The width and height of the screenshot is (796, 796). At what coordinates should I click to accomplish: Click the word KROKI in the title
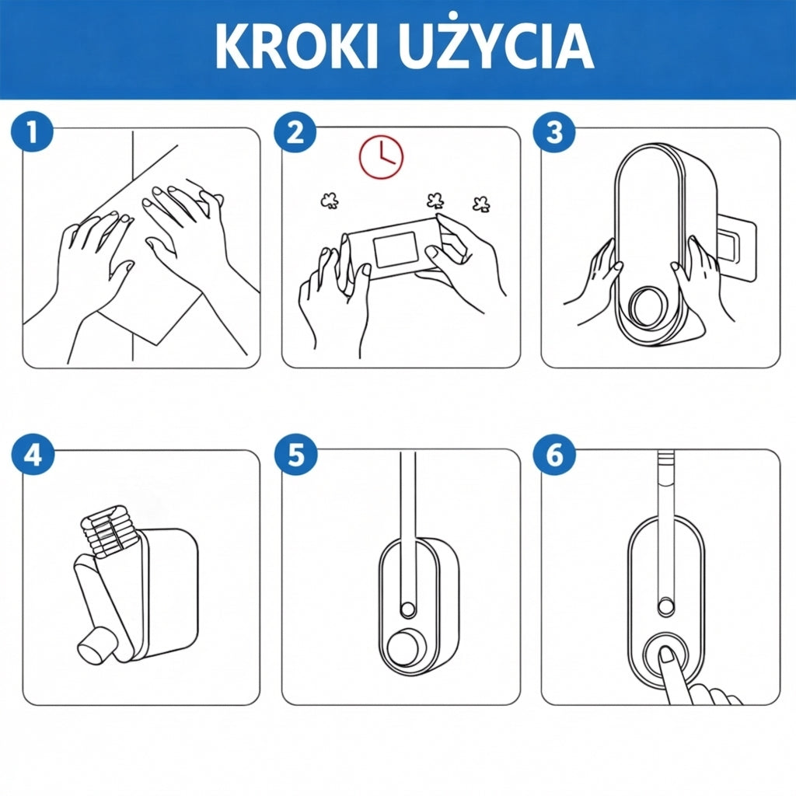tap(297, 45)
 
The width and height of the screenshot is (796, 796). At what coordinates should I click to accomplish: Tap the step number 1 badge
tap(32, 131)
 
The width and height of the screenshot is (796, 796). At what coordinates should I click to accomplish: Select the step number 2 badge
tap(295, 131)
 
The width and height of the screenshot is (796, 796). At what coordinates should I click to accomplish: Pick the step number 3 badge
tap(554, 131)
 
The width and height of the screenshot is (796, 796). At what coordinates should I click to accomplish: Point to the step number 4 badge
tap(33, 454)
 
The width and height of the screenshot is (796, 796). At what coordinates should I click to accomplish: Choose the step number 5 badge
tap(295, 454)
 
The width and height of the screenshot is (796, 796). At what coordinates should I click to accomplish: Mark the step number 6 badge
tap(554, 454)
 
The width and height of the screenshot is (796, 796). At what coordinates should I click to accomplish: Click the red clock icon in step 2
tap(381, 157)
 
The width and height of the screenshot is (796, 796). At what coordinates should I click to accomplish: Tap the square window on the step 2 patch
tap(394, 250)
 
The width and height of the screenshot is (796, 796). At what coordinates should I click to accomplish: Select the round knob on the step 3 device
tap(646, 307)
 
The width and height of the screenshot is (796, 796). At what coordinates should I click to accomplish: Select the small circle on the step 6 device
tap(666, 607)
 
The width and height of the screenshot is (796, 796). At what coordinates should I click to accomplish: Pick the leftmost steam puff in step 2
tap(330, 201)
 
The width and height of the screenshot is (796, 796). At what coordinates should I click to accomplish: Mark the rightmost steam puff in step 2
tap(480, 204)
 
